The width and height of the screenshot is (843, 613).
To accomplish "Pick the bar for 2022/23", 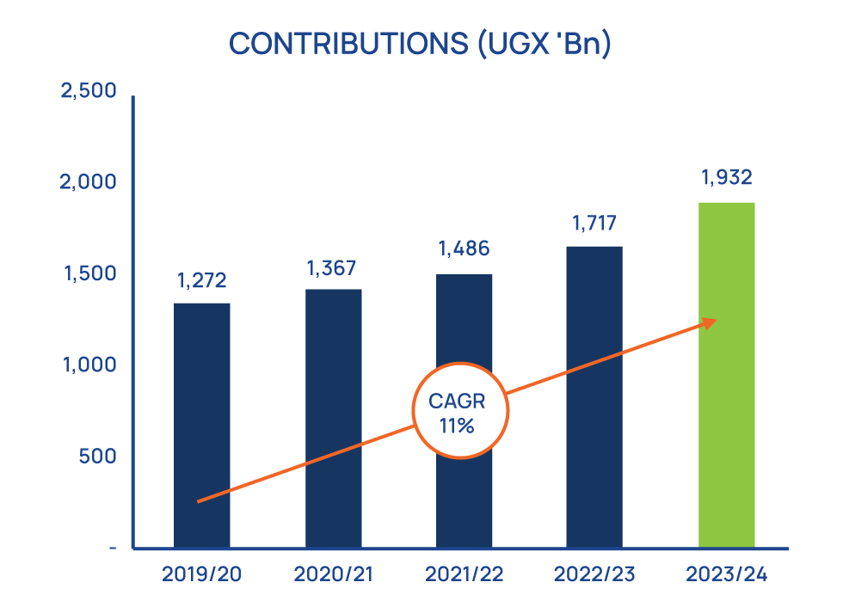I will point(594,396).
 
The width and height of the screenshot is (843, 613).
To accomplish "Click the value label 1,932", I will point(727,178).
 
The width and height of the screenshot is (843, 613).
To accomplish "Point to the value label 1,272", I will point(202,280).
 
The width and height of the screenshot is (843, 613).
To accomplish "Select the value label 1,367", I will point(334,268).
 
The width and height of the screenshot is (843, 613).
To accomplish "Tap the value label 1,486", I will point(465,249).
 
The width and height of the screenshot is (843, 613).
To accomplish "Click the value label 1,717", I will point(595,224).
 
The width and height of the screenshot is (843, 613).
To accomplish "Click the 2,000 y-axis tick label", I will point(89,182).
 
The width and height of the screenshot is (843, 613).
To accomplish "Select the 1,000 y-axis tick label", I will point(89,365).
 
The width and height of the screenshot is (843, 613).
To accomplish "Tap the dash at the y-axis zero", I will point(114,548).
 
